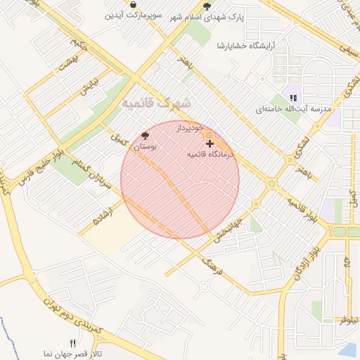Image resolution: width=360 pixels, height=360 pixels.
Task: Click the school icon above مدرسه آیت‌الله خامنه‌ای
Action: (293, 98)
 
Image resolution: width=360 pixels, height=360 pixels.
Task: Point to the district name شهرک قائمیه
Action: (156, 103)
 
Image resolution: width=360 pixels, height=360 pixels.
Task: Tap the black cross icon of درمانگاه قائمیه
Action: (210, 143)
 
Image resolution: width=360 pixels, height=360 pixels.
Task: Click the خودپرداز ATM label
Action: (190, 127)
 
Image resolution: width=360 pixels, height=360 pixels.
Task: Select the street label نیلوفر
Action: (349, 319)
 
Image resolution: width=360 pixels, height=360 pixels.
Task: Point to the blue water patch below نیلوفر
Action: (349, 349)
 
